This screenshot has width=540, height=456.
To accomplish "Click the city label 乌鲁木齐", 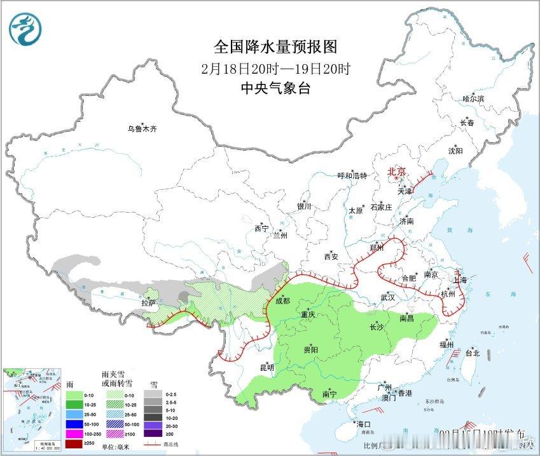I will click(x=141, y=129).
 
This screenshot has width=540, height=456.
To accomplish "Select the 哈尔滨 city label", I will click(x=473, y=99).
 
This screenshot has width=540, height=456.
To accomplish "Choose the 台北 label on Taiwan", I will click(x=472, y=353).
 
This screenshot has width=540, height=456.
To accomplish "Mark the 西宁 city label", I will click(x=261, y=228).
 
